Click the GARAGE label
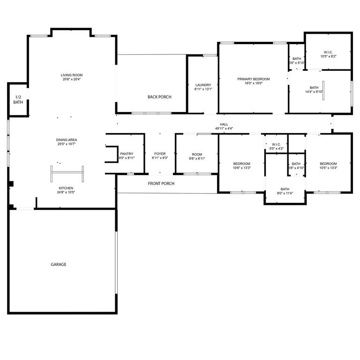tap(59, 264)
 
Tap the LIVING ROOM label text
tap(72, 75)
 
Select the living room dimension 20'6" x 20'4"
tap(72, 80)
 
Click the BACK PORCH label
tap(159, 97)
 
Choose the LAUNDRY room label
tap(203, 85)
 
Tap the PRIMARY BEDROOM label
tap(254, 79)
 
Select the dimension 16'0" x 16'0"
tap(254, 83)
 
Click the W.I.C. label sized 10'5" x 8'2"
tap(328, 52)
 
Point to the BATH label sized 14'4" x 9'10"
tap(314, 88)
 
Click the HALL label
tap(224, 124)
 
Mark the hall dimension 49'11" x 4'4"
tap(224, 128)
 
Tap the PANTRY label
tap(127, 154)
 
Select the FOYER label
tap(160, 154)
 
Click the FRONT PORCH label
tap(161, 183)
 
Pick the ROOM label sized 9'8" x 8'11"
tap(197, 154)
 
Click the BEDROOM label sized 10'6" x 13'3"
tap(241, 164)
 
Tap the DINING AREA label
tap(66, 140)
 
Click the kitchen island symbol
tap(67, 173)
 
